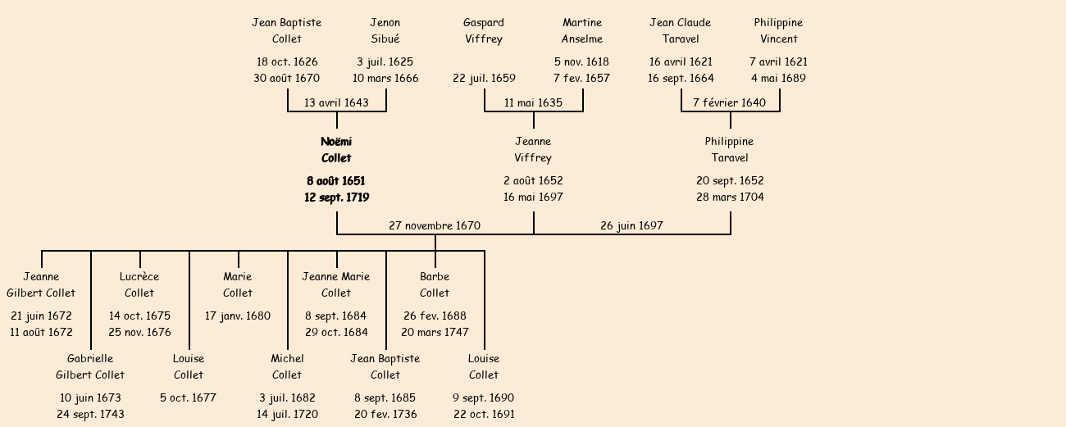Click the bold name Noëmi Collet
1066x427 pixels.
[336, 150]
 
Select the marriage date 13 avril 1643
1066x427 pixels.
[336, 103]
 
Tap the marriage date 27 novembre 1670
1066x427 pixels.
[435, 225]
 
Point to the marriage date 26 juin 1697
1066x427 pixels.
[631, 225]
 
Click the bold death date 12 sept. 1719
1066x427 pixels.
[336, 198]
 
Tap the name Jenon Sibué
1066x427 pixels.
[385, 31]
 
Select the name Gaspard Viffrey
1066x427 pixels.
[484, 31]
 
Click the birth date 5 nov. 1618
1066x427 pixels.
[581, 62]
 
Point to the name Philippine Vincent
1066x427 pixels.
[778, 31]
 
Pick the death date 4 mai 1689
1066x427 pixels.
[778, 79]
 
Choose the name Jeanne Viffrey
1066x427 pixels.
[533, 150]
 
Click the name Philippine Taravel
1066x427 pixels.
[729, 150]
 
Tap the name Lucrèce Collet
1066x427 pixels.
[139, 285]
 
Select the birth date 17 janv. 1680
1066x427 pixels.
[238, 316]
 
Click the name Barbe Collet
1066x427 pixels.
[435, 285]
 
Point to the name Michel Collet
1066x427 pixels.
[287, 367]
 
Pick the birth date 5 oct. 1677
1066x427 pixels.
[188, 398]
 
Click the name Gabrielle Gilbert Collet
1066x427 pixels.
[90, 367]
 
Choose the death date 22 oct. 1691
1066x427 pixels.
[484, 415]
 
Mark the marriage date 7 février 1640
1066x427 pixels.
[729, 103]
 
